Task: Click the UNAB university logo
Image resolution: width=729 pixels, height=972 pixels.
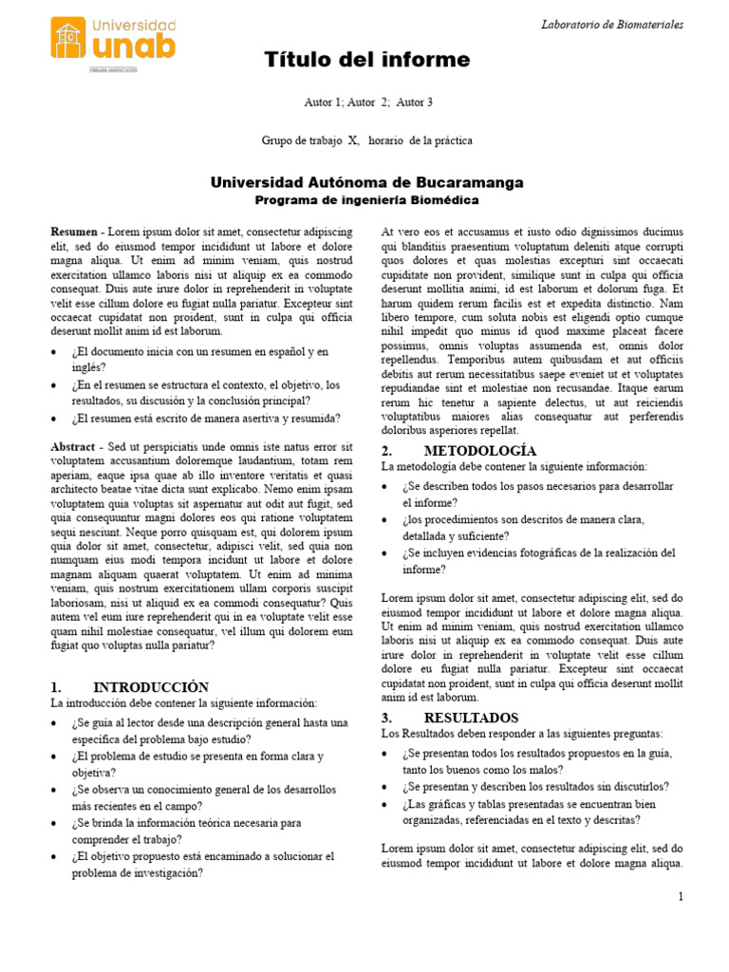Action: [112, 41]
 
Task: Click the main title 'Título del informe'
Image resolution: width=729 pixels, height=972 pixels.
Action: [366, 61]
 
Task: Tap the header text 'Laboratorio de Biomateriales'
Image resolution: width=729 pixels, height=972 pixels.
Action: [612, 25]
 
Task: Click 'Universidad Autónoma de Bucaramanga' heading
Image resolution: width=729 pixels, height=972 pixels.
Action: [365, 181]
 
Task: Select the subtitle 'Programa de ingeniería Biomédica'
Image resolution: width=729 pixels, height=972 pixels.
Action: [366, 201]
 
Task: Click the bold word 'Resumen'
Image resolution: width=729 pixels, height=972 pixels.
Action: [73, 233]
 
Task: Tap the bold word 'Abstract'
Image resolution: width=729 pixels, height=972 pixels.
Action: [73, 447]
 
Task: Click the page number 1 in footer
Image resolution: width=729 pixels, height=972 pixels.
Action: [681, 897]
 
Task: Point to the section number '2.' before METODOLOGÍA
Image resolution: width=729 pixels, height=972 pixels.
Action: [387, 451]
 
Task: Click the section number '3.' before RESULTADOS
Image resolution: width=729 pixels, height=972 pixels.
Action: [387, 718]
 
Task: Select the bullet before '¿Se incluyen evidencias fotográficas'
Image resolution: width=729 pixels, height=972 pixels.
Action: [385, 553]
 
